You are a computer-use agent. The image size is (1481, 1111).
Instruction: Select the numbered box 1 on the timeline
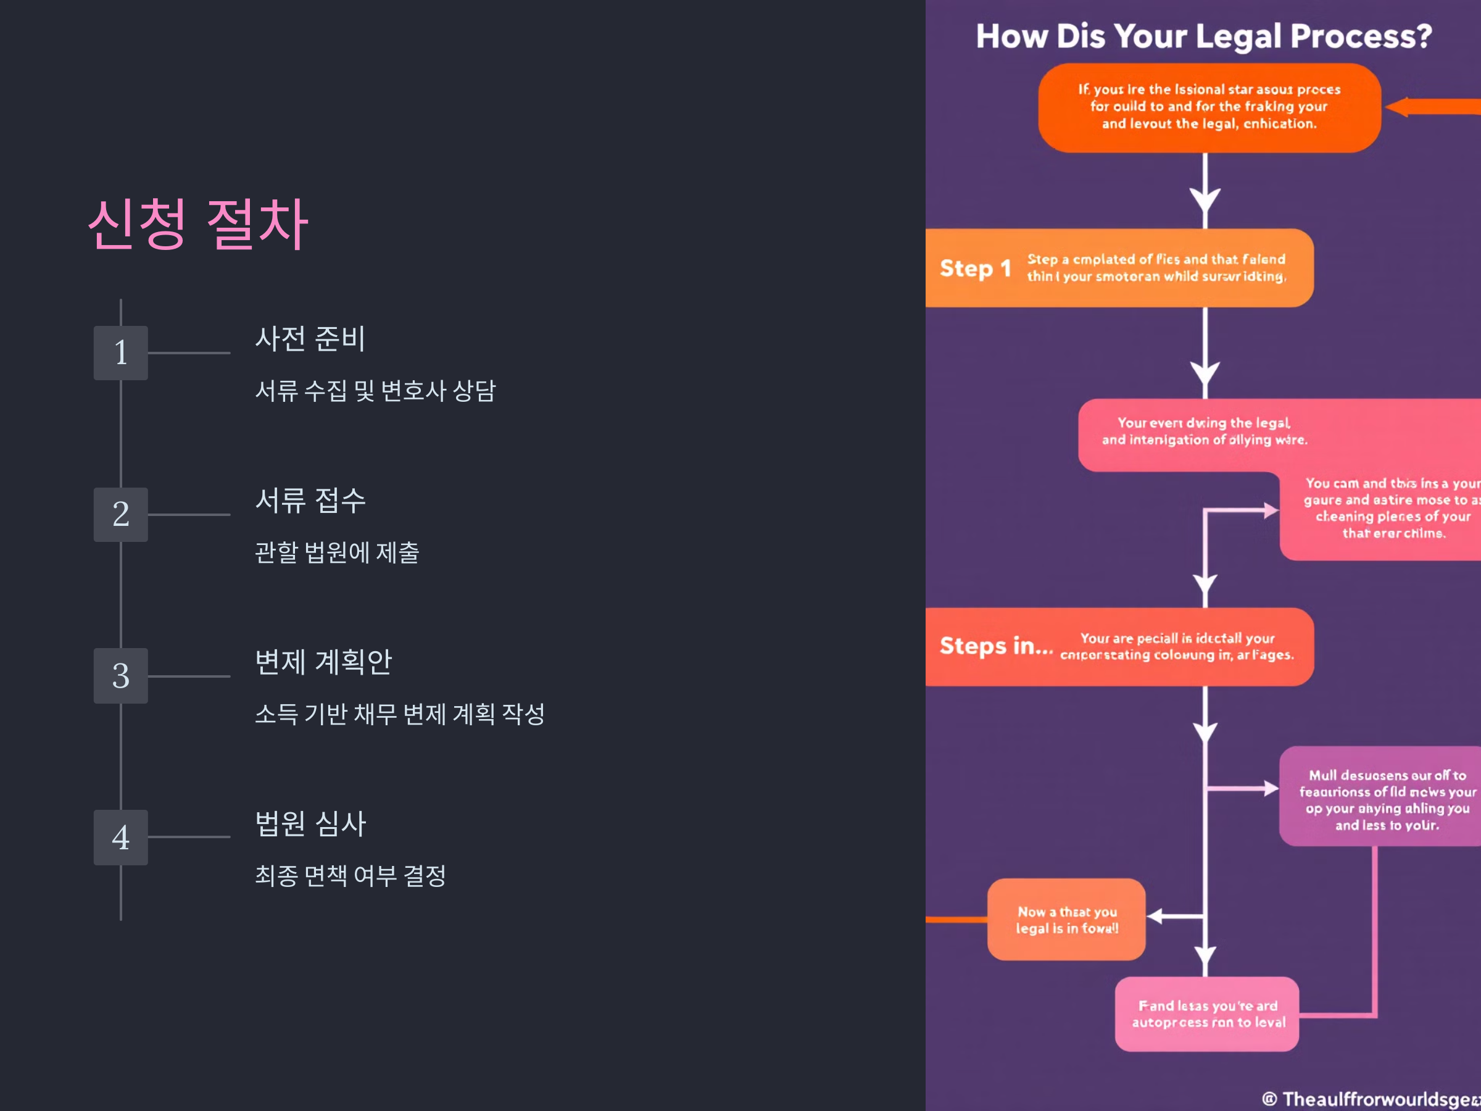point(120,353)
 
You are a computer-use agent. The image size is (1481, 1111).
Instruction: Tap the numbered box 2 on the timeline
point(120,514)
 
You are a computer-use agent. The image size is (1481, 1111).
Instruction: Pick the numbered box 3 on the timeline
point(120,676)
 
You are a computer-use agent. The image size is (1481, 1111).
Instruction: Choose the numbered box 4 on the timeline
point(120,837)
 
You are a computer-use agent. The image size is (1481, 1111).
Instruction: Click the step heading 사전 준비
point(310,339)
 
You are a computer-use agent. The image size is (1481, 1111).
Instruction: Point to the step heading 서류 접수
point(310,500)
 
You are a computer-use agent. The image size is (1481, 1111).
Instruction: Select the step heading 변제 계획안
point(323,662)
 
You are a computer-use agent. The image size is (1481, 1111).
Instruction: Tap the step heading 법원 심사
point(310,823)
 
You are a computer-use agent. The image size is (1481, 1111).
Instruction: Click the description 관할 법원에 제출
point(337,552)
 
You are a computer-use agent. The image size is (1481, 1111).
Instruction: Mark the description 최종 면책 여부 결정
point(350,875)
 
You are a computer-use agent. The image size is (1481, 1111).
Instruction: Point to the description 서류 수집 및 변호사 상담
point(375,391)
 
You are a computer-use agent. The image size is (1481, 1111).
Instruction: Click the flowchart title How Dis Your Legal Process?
point(1203,36)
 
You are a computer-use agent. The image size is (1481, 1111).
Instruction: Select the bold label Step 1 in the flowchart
point(975,268)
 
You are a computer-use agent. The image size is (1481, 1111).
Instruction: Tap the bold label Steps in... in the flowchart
point(995,646)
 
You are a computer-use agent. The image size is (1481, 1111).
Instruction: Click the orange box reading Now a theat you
point(1066,920)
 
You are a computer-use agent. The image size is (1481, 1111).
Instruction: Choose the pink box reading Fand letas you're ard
point(1206,1014)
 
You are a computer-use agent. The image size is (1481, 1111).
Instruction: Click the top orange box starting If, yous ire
point(1208,107)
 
